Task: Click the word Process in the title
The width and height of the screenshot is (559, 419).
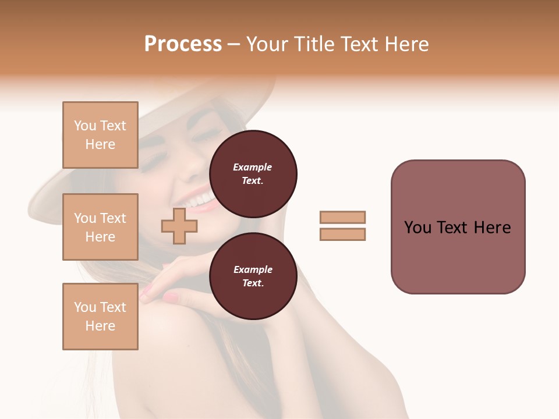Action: coord(183,44)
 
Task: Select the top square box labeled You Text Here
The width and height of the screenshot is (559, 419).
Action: coord(100,135)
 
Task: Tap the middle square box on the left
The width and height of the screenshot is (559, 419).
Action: coord(100,227)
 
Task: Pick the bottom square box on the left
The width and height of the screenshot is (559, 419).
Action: coord(100,317)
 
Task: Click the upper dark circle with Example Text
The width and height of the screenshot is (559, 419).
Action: coord(253,174)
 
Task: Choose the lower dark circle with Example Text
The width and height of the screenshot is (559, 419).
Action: coord(253,276)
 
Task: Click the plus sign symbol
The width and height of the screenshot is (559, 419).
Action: coord(179,226)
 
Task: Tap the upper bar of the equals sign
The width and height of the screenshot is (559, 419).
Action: coord(342,217)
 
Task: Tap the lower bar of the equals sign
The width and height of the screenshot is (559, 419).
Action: coord(342,235)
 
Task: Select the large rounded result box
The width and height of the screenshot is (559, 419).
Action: coord(458,227)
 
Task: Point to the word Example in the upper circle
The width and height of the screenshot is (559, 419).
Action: coord(253,167)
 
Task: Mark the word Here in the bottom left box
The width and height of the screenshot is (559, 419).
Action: coord(100,326)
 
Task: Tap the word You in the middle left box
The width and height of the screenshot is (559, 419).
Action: coord(85,218)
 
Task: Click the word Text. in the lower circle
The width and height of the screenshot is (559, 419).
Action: coord(253,283)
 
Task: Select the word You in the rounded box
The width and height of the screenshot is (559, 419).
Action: coord(418,228)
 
